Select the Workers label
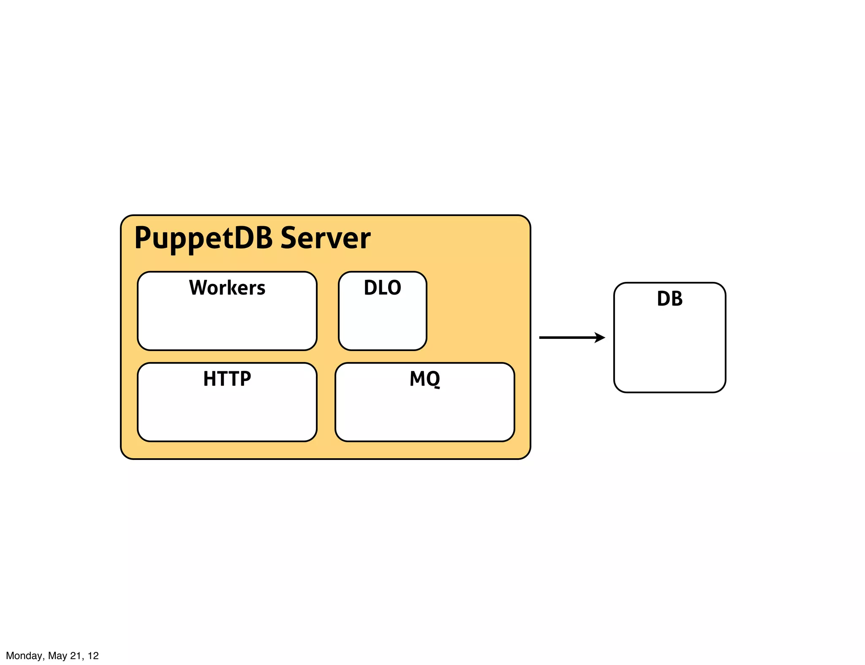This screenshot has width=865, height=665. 227,288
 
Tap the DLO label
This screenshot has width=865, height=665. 382,288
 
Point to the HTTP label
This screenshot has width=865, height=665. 227,378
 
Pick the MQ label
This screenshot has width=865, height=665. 425,378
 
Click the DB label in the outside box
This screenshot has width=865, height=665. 669,299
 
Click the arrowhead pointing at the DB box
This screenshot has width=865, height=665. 600,338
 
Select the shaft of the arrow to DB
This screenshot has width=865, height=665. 566,338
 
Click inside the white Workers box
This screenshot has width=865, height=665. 227,325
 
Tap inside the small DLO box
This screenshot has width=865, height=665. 382,325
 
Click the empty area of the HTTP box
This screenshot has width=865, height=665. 227,416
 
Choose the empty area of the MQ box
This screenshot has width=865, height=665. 425,416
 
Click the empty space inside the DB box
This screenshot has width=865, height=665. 669,350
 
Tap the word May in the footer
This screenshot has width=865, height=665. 57,656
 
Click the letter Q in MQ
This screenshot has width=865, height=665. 433,379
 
